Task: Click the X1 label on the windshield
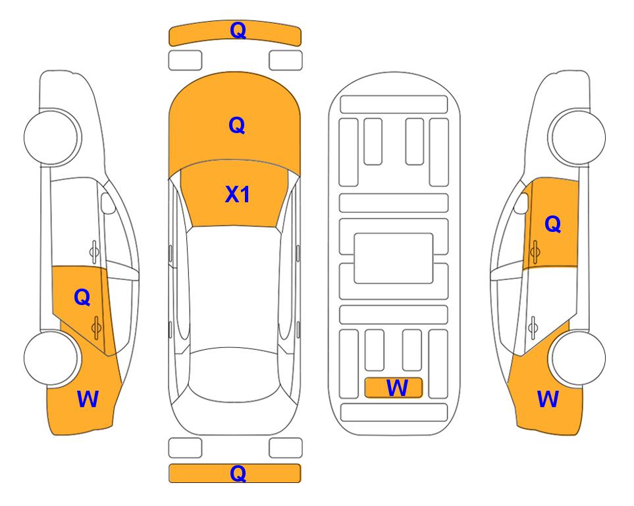tap(238, 194)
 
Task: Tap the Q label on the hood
tap(236, 125)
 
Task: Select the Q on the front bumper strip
tap(238, 30)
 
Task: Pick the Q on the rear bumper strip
tap(238, 472)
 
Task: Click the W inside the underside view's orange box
tap(396, 388)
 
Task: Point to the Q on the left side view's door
tap(82, 297)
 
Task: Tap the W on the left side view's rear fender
tap(88, 399)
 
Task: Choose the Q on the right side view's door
tap(552, 225)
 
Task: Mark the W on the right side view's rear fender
tap(548, 399)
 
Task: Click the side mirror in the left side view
tap(109, 204)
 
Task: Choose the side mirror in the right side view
tap(521, 204)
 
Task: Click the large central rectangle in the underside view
tap(394, 258)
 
